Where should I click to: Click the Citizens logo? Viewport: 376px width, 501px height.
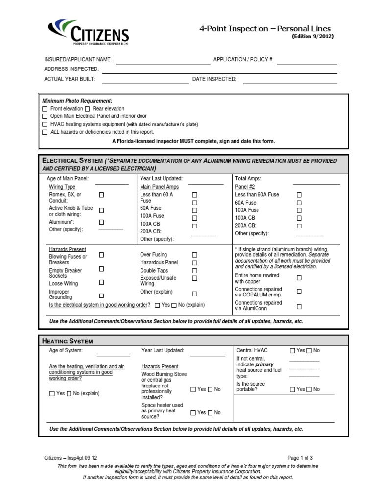click(x=89, y=31)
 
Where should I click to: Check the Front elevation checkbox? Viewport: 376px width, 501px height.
click(x=45, y=109)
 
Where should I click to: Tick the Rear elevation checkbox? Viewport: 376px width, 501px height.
click(x=88, y=109)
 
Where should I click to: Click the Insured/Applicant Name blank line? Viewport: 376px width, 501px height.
click(x=163, y=63)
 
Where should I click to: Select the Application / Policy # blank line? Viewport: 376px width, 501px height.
click(x=306, y=63)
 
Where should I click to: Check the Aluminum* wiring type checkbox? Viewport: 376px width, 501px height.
click(x=102, y=222)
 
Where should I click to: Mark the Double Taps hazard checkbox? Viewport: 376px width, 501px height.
click(x=194, y=271)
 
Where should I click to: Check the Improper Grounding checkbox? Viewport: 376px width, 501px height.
click(x=102, y=296)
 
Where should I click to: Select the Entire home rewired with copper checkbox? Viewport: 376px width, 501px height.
click(x=299, y=278)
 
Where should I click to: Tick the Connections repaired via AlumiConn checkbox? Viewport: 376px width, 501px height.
click(x=299, y=307)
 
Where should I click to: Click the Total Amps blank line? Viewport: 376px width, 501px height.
click(x=316, y=183)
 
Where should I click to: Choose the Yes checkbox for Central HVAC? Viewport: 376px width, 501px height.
click(x=292, y=351)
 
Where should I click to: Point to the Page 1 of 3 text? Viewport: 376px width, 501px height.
click(x=300, y=458)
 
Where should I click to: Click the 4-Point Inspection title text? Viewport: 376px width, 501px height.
click(x=264, y=29)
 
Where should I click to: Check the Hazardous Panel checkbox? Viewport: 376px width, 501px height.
click(x=194, y=263)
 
